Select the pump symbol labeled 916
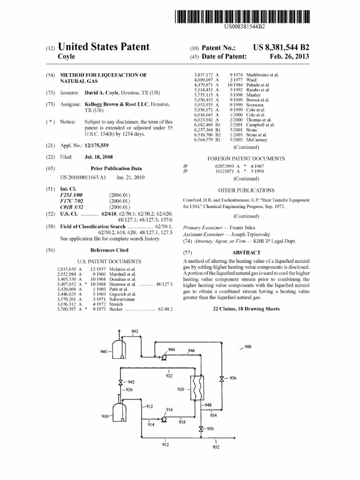[x=165, y=420]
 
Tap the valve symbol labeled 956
[x=222, y=379]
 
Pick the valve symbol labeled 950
[x=201, y=428]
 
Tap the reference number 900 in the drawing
[x=248, y=347]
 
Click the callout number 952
[x=216, y=447]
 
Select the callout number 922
[x=169, y=376]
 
